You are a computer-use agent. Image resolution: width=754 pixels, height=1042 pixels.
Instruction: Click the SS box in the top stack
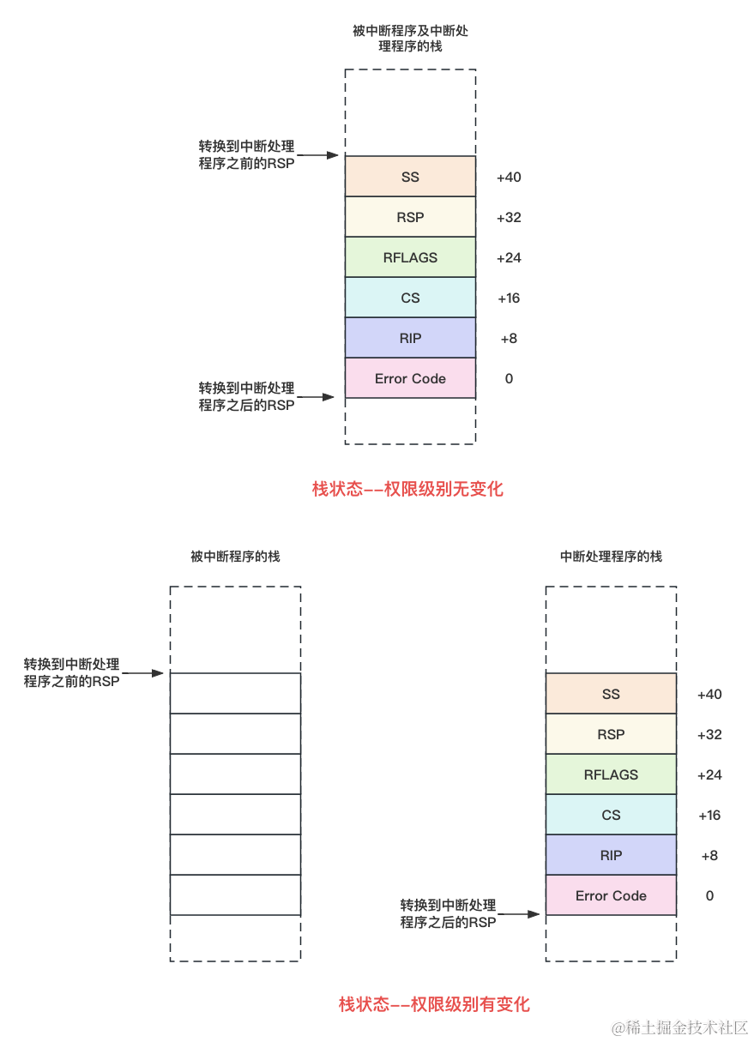pyautogui.click(x=410, y=177)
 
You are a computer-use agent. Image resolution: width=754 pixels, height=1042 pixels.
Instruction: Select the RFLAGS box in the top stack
pyautogui.click(x=410, y=257)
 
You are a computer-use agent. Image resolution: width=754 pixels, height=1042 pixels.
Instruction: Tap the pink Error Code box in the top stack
pyautogui.click(x=410, y=378)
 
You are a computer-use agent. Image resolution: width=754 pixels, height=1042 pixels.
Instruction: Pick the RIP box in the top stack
pyautogui.click(x=410, y=338)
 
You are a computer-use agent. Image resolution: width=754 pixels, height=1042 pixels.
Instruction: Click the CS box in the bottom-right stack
pyautogui.click(x=611, y=815)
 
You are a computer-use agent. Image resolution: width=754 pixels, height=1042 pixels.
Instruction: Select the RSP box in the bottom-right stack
pyautogui.click(x=611, y=734)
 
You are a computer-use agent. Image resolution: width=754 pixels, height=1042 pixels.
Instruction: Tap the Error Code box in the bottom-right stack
pyautogui.click(x=611, y=895)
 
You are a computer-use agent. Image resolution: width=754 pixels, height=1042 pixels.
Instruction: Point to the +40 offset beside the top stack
pyautogui.click(x=509, y=178)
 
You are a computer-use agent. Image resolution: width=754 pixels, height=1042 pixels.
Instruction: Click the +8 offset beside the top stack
pyautogui.click(x=509, y=339)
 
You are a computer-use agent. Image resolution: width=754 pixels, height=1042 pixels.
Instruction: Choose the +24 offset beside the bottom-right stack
pyautogui.click(x=709, y=775)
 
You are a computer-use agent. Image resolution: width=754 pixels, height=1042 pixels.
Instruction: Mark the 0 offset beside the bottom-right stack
pyautogui.click(x=709, y=896)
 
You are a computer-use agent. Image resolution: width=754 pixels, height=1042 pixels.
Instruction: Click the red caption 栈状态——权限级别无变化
pyautogui.click(x=407, y=489)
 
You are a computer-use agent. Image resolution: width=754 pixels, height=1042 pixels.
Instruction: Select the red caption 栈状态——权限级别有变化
pyautogui.click(x=434, y=1004)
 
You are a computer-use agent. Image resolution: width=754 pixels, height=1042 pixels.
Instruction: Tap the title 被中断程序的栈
pyautogui.click(x=235, y=557)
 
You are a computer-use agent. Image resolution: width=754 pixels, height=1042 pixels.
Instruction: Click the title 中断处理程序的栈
pyautogui.click(x=611, y=557)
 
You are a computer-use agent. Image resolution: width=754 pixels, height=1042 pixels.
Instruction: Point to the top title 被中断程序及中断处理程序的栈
pyautogui.click(x=410, y=39)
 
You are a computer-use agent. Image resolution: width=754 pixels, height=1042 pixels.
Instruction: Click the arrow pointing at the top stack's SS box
pyautogui.click(x=317, y=155)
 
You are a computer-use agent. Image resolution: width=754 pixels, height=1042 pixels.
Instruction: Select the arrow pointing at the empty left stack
pyautogui.click(x=142, y=673)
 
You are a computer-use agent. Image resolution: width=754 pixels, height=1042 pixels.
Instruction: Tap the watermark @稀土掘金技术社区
pyautogui.click(x=679, y=1027)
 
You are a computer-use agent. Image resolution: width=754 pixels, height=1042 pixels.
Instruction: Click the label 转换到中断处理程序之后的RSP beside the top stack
pyautogui.click(x=246, y=396)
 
